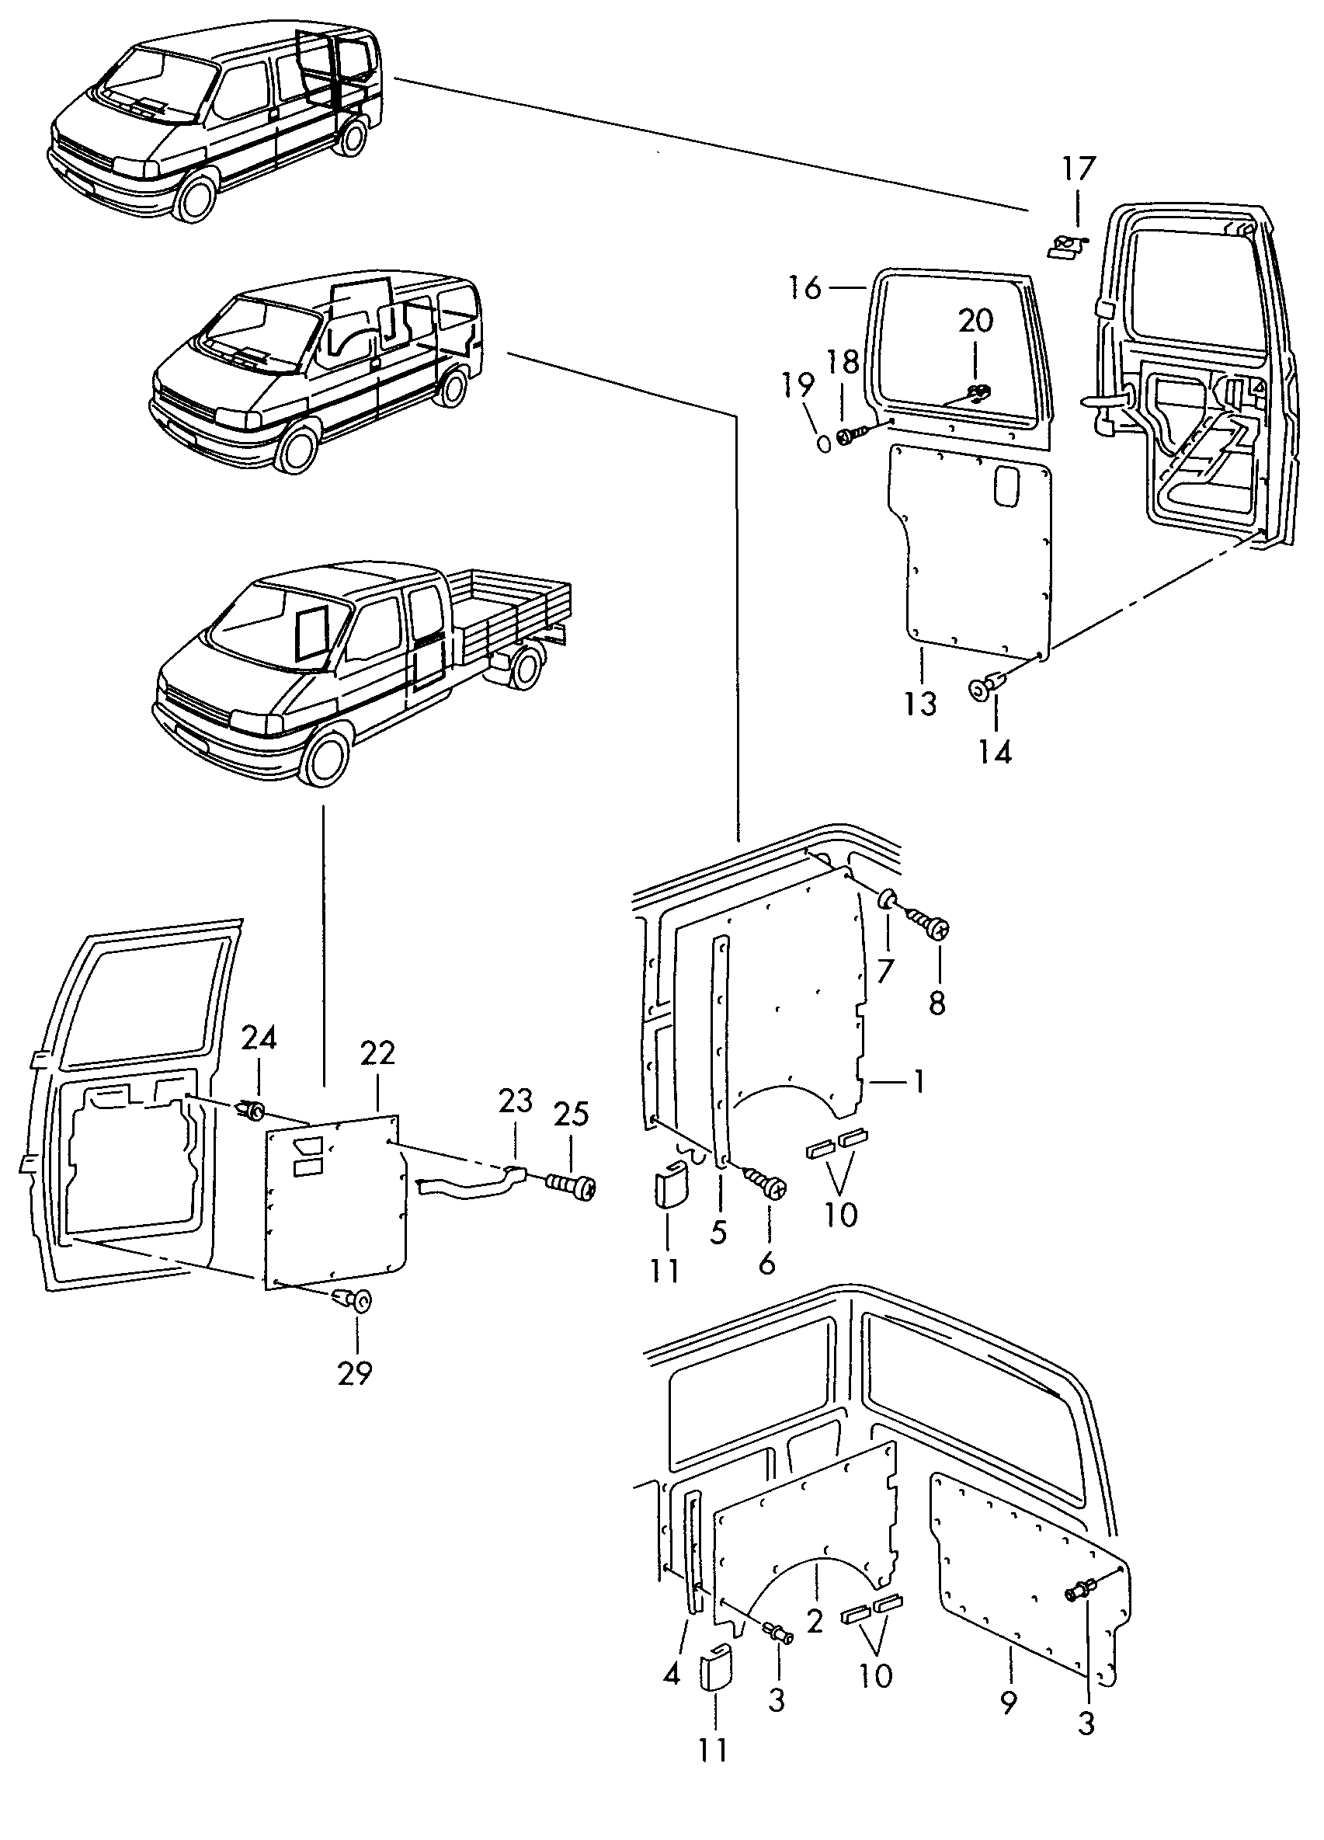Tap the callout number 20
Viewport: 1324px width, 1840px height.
975,321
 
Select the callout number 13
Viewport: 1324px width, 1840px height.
921,704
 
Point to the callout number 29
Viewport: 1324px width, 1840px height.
355,1373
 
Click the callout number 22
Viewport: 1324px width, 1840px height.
378,1053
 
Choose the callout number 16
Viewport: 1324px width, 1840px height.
804,288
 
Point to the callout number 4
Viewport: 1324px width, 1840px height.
672,1674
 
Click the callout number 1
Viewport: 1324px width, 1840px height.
919,1080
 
